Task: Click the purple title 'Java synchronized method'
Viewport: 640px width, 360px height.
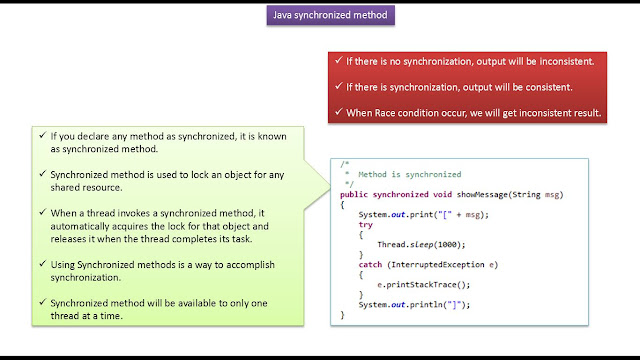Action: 320,15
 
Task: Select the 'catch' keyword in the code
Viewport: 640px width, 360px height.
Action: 370,264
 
